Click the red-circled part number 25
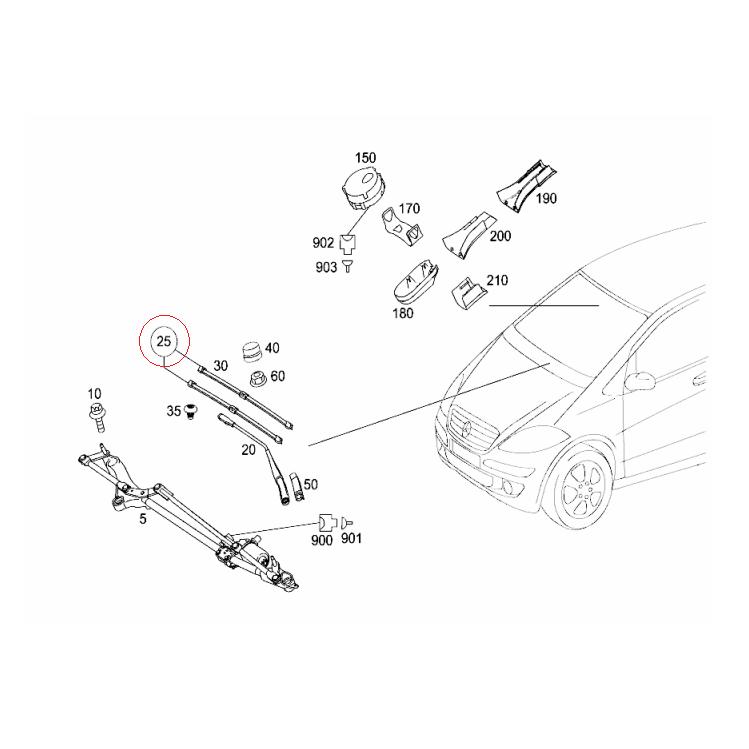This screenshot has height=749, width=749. (165, 342)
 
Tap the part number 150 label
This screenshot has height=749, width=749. (365, 159)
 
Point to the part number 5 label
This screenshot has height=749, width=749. (143, 519)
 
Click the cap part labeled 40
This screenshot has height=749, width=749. (251, 352)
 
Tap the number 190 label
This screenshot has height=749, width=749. (546, 199)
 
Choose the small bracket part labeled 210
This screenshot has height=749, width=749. (467, 294)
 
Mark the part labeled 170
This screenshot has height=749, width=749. (400, 229)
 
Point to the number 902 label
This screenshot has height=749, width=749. (322, 242)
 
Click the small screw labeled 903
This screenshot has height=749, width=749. (348, 265)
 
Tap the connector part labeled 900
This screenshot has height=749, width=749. (326, 522)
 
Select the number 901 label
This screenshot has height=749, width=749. (350, 540)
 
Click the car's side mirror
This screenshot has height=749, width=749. (639, 381)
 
